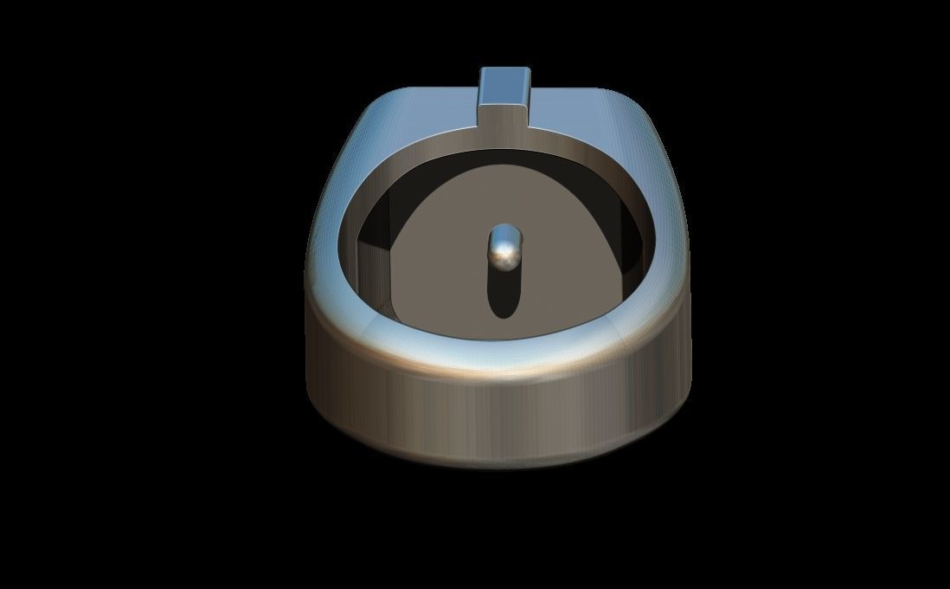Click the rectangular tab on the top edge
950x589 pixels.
(505, 95)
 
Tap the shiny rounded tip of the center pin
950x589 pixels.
(505, 249)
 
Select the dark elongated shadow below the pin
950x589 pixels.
(504, 294)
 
